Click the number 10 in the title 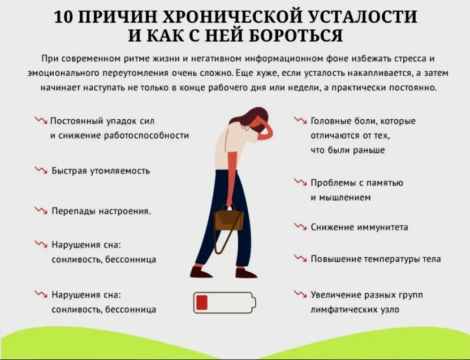[x=63, y=17]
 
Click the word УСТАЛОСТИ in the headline [x=362, y=17]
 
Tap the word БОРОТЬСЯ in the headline [x=296, y=36]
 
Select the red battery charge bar [x=201, y=302]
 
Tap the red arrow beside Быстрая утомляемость [x=41, y=170]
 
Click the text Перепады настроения [x=101, y=211]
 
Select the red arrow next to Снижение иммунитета [x=300, y=227]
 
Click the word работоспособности [x=146, y=136]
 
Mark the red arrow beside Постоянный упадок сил [x=41, y=120]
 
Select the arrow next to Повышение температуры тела [x=300, y=258]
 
